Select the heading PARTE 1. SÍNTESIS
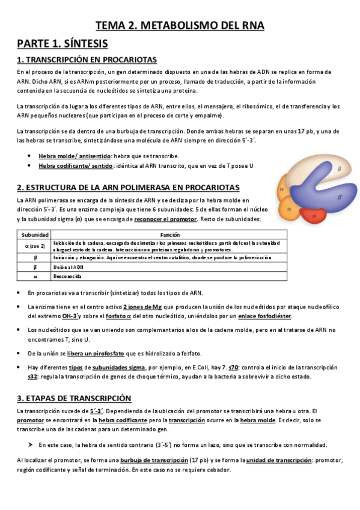coord(62,43)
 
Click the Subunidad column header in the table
coord(31,235)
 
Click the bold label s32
coord(33,376)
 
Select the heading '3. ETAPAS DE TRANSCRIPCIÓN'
coord(74,398)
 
